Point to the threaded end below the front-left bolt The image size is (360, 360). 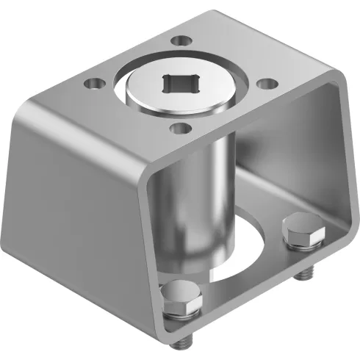click(x=181, y=339)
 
